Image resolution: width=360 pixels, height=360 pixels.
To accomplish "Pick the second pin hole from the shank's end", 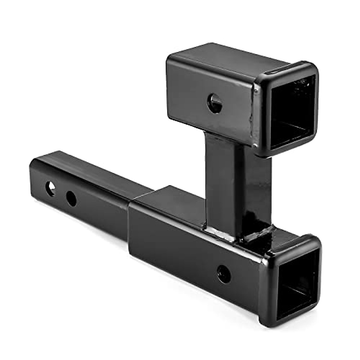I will pyautogui.click(x=71, y=198).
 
